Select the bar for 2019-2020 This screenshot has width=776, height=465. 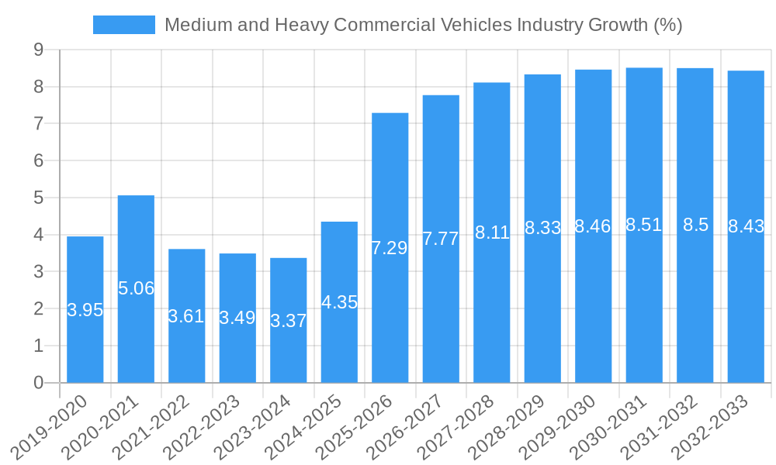pyautogui.click(x=85, y=309)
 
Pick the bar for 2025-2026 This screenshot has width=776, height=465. pyautogui.click(x=390, y=247)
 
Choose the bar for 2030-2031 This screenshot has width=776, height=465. pyautogui.click(x=644, y=225)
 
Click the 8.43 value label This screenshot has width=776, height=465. pyautogui.click(x=746, y=226)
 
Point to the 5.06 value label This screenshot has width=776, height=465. pyautogui.click(x=136, y=288)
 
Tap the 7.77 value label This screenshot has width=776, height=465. pyautogui.click(x=441, y=239)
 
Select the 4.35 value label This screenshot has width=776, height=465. pyautogui.click(x=339, y=302)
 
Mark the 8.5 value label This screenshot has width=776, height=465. pyautogui.click(x=695, y=225)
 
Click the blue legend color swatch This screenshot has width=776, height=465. pyautogui.click(x=123, y=25)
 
